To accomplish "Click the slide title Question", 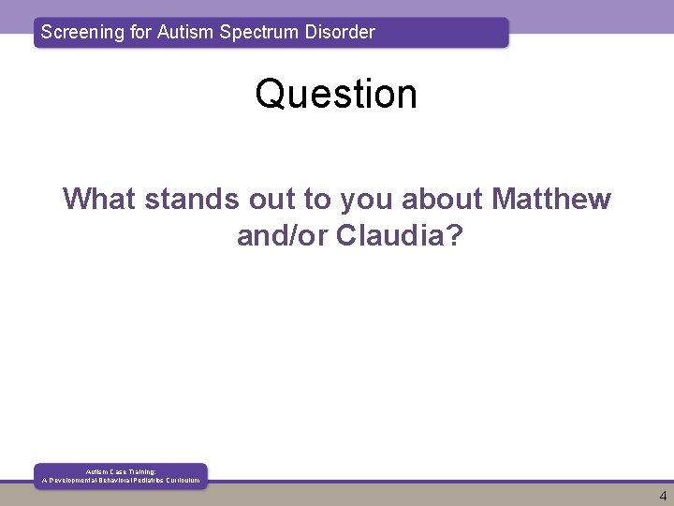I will [336, 94].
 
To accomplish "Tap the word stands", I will [192, 199].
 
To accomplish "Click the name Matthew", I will [551, 199].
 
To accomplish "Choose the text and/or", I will [283, 236].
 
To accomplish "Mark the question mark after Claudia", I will [455, 236].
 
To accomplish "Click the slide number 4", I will [663, 497].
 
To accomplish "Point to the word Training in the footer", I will [139, 471].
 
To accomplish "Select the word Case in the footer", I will [114, 471].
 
